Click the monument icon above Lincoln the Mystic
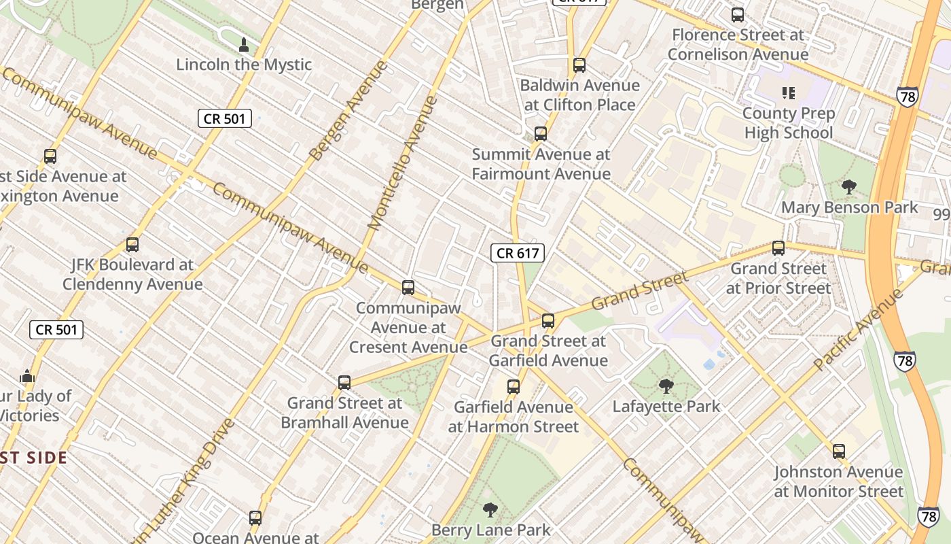[244, 46]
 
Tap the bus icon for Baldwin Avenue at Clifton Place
[579, 65]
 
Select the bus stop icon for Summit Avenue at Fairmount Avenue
[541, 134]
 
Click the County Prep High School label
[788, 122]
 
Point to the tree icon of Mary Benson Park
[848, 187]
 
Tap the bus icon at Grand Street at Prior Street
[778, 248]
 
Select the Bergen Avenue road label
[348, 111]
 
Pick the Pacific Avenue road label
[859, 330]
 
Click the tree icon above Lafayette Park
[666, 386]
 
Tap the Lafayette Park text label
[666, 407]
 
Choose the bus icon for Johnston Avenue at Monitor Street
[839, 451]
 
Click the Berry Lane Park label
[491, 530]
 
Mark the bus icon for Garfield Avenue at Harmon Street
[514, 387]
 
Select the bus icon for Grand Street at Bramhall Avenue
[344, 383]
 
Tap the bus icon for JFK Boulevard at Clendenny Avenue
[132, 244]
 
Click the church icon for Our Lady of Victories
[27, 375]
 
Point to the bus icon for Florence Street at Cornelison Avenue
[738, 14]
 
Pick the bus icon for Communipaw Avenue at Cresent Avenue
[408, 288]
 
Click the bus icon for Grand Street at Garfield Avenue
[548, 321]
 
